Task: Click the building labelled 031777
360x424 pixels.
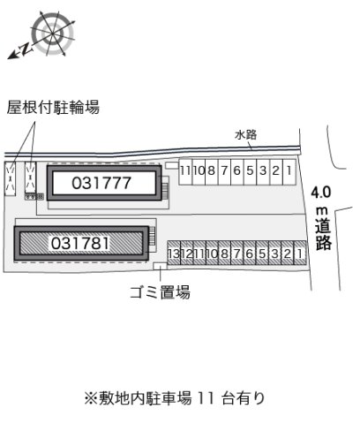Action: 104,183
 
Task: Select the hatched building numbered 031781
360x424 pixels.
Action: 81,243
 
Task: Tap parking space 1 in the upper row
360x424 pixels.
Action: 289,172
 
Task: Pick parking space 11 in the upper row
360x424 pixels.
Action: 185,172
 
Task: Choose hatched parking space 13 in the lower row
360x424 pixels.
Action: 174,254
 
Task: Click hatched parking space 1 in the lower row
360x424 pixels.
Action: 300,253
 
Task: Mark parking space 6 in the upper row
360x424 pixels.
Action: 237,172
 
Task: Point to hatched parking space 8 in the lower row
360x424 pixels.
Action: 225,254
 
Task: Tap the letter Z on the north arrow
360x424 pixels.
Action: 26,49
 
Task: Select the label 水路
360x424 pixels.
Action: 246,135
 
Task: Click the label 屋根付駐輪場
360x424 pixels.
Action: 53,107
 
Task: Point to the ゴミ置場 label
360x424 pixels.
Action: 161,292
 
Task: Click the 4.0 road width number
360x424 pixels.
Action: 321,193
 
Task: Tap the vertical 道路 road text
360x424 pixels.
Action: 323,234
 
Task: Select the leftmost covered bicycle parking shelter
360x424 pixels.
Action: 10,178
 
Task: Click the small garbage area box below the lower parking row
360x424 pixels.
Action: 160,266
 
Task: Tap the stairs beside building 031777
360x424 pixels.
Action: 165,191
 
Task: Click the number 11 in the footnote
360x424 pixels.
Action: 206,398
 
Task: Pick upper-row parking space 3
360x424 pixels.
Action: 263,172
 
